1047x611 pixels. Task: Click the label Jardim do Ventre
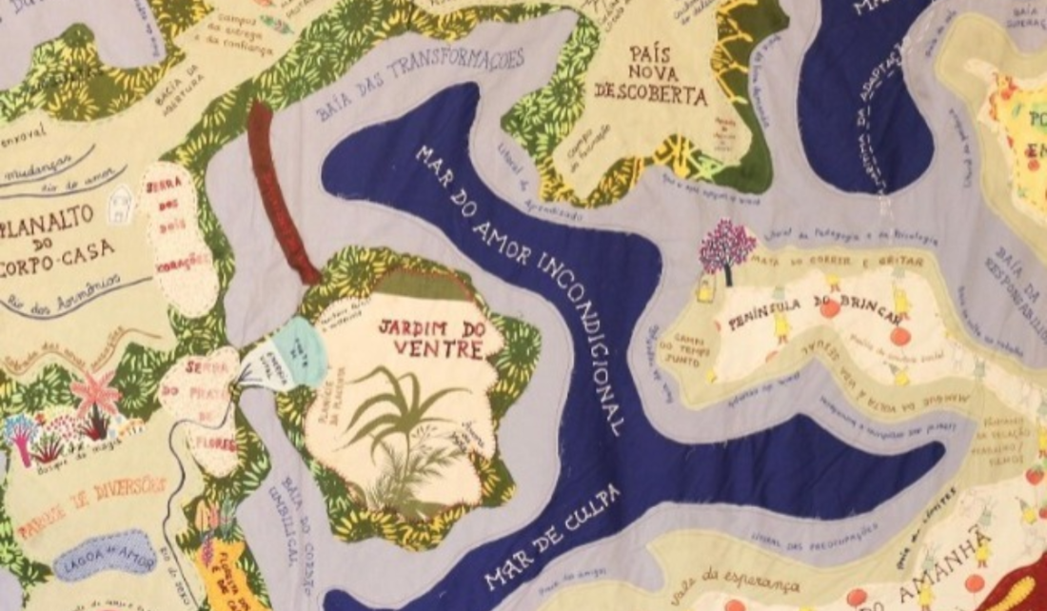[x=428, y=338]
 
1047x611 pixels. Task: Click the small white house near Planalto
[x=121, y=202]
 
